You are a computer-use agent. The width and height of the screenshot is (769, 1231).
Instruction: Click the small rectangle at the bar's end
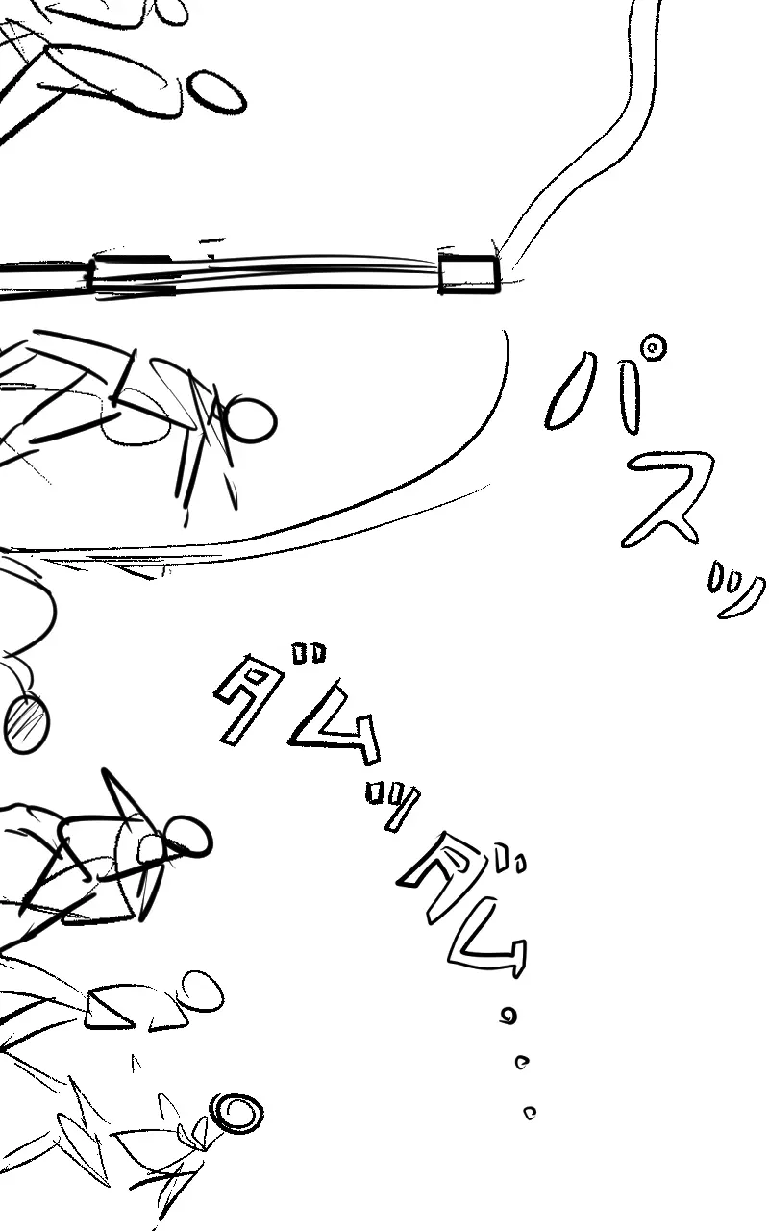(x=469, y=273)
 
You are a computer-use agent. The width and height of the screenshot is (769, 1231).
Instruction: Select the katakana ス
(x=667, y=499)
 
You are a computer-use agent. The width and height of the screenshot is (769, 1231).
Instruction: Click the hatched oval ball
(x=27, y=723)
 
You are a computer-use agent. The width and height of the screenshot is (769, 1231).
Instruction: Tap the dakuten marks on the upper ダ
(x=309, y=652)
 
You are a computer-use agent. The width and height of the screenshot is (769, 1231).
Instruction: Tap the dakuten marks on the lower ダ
(x=510, y=860)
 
